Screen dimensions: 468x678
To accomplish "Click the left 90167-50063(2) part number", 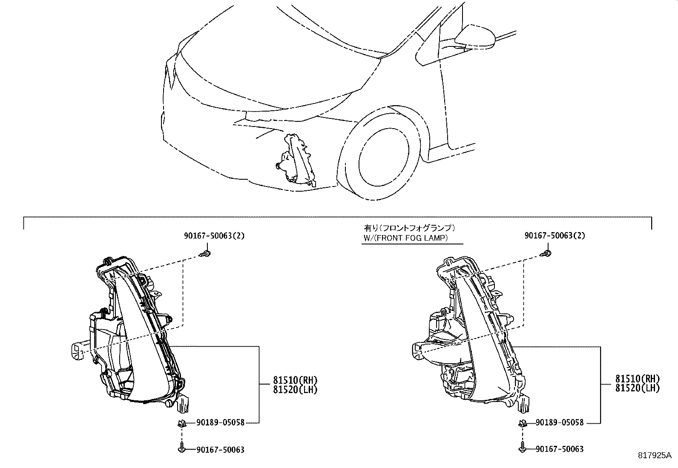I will (x=215, y=235).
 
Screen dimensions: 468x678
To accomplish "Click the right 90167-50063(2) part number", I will (x=555, y=235).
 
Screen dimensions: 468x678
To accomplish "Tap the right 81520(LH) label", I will (x=637, y=388).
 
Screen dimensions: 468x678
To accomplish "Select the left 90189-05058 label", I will (x=221, y=422).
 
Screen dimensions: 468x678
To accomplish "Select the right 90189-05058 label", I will (x=560, y=422).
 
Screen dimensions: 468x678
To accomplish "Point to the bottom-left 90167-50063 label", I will (x=221, y=450).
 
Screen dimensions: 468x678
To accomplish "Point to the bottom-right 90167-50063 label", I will (x=560, y=449).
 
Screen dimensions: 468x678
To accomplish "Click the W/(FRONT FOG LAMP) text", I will (x=405, y=238).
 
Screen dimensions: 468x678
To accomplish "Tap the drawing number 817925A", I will (x=654, y=455).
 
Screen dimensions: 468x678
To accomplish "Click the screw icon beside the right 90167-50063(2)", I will (x=547, y=254).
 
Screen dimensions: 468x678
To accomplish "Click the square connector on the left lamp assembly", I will (x=76, y=350).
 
